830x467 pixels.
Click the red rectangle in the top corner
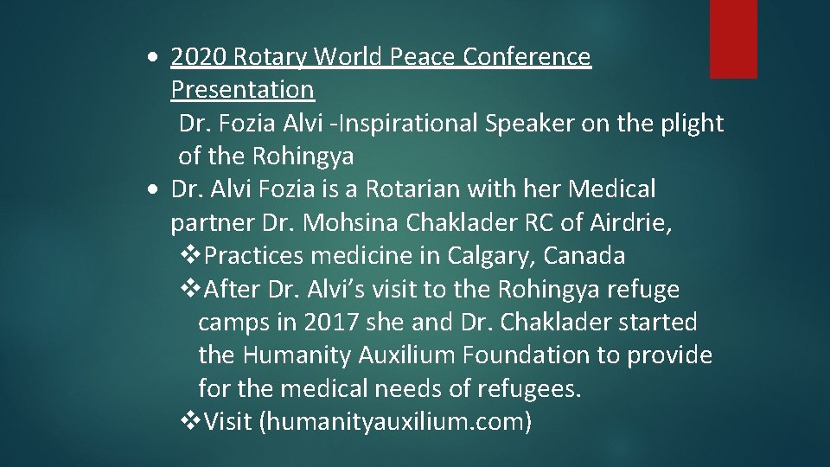click(x=733, y=39)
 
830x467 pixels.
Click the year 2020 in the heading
click(x=195, y=57)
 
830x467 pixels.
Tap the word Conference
click(x=527, y=57)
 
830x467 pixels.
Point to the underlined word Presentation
click(x=242, y=89)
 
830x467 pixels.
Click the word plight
click(x=693, y=124)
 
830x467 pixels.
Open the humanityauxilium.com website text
click(x=396, y=422)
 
